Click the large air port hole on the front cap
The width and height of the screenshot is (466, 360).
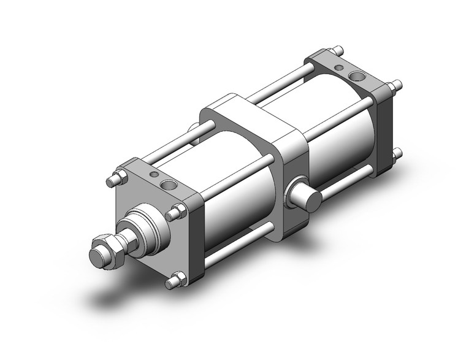click(x=167, y=185)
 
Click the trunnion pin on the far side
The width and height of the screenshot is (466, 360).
click(x=196, y=131)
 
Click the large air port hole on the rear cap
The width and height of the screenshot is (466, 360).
click(x=357, y=77)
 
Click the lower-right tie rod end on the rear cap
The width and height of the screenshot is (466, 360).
click(x=397, y=153)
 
